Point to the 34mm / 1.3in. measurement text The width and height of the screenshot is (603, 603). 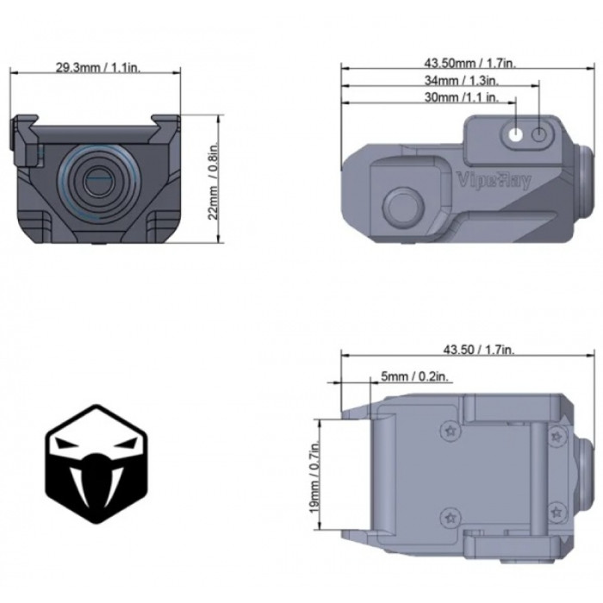coord(455,79)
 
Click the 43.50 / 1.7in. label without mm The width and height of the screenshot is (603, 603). coord(478,349)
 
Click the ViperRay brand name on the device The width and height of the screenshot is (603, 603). coord(493,180)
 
